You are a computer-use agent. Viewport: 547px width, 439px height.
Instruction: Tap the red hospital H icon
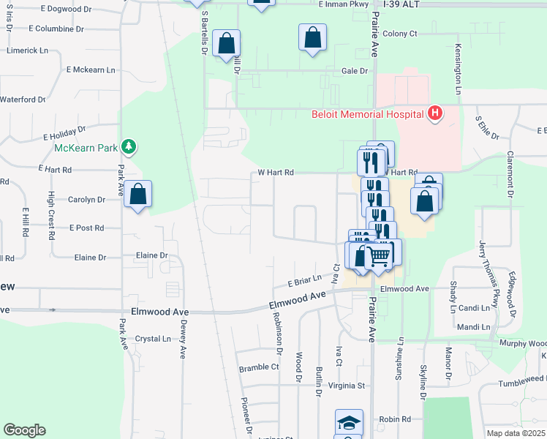[436, 113]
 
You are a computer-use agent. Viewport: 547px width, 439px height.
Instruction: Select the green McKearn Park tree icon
[129, 146]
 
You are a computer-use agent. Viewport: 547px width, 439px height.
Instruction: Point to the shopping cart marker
[378, 255]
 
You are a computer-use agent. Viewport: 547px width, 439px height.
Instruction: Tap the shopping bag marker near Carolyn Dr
[137, 195]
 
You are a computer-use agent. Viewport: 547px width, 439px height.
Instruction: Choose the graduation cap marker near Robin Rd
[349, 423]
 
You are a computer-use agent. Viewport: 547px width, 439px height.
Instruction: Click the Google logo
[24, 430]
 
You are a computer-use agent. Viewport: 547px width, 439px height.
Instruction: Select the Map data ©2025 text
[516, 433]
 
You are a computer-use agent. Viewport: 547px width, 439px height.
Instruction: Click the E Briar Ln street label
[304, 280]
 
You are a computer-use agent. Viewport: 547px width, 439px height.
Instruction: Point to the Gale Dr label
[354, 71]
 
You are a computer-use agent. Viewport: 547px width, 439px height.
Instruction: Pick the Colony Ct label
[399, 34]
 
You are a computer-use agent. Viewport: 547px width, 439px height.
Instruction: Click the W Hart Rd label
[276, 173]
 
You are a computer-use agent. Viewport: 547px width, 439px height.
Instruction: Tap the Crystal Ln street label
[153, 339]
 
